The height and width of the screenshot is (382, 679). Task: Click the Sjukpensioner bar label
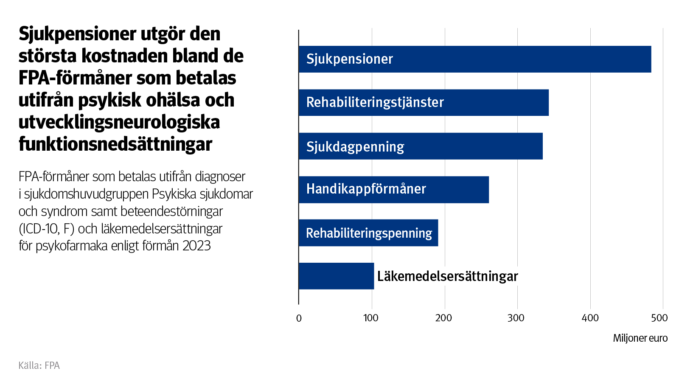click(350, 59)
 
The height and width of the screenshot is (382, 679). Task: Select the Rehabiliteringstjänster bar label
click(375, 102)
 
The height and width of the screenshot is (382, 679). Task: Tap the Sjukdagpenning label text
click(355, 146)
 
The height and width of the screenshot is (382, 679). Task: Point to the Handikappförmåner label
click(366, 189)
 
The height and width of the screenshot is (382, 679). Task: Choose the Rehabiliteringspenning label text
click(369, 233)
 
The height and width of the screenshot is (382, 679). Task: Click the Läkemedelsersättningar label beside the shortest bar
click(448, 276)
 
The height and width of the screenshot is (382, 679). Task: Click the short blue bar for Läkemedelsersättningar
click(336, 276)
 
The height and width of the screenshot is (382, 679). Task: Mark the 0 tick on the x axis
click(299, 318)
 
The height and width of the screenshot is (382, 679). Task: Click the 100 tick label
click(371, 318)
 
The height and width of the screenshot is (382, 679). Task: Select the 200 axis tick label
click(443, 318)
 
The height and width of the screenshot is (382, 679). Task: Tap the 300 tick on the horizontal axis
click(516, 318)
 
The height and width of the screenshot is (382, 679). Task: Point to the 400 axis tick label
click(590, 318)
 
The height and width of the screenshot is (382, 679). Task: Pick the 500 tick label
click(659, 318)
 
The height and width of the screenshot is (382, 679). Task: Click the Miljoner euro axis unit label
click(640, 338)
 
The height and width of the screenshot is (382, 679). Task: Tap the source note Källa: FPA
click(39, 365)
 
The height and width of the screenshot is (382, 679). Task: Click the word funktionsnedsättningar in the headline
click(115, 144)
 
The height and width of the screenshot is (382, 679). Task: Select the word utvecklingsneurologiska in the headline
click(119, 122)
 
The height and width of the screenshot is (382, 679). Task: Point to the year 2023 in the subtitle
click(196, 246)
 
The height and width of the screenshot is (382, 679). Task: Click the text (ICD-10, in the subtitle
click(41, 229)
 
